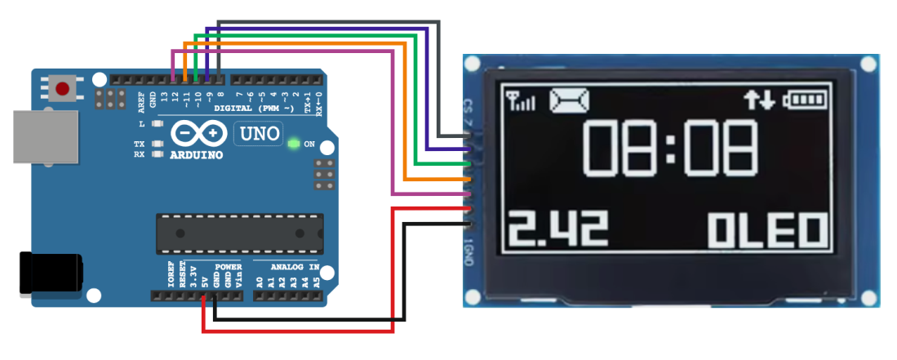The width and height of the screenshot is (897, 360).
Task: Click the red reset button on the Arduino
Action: [x=62, y=87]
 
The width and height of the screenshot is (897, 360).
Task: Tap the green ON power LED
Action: [x=294, y=144]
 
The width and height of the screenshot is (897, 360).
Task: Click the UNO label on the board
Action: [x=258, y=133]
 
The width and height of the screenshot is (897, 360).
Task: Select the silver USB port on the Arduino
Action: [x=45, y=136]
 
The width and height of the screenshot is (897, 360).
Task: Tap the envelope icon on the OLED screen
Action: [x=569, y=100]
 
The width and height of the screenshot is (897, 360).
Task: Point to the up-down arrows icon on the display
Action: [x=758, y=100]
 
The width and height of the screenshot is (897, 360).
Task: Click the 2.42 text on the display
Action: [x=558, y=231]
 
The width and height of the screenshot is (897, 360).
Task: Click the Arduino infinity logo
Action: [x=199, y=133]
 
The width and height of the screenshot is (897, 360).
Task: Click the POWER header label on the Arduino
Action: [x=229, y=267]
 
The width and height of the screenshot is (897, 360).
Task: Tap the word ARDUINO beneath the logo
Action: [x=197, y=155]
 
